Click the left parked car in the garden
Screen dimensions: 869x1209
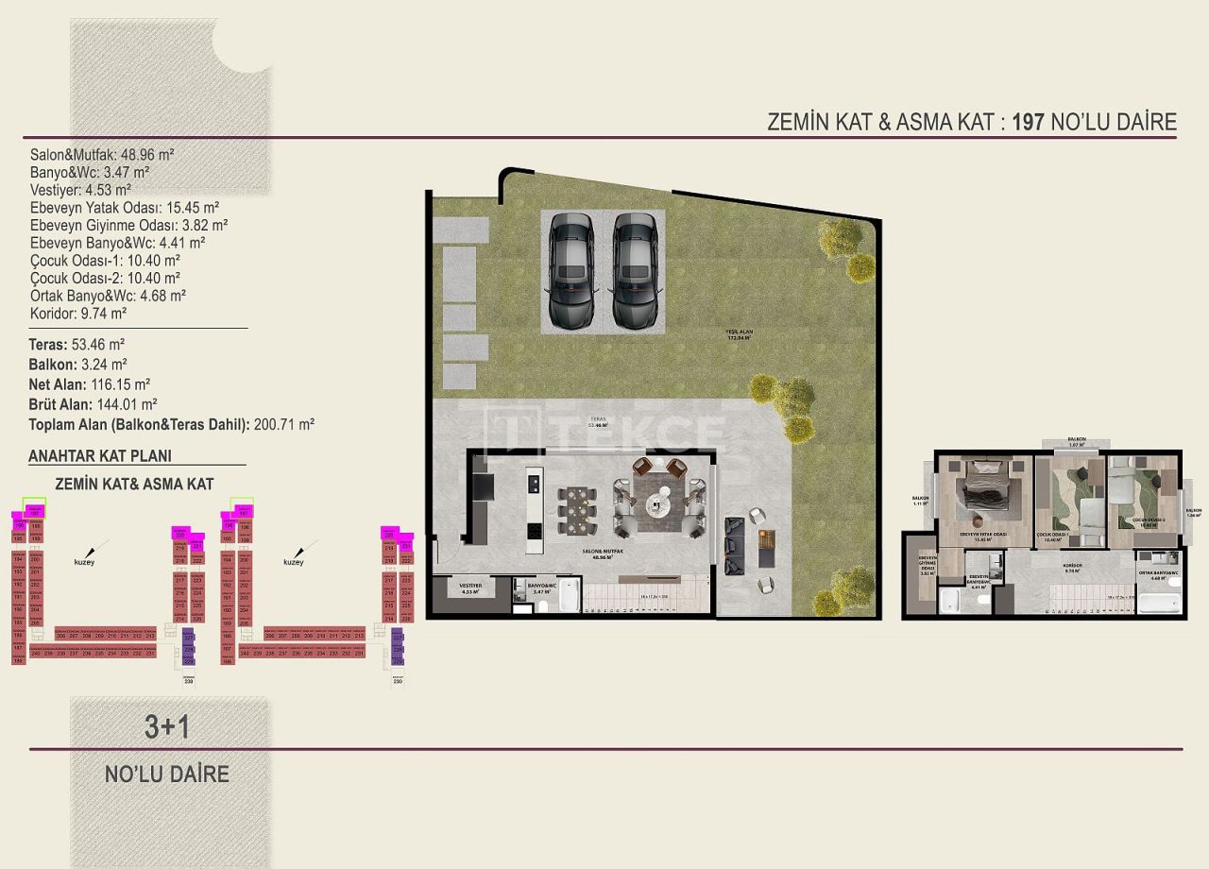(x=571, y=270)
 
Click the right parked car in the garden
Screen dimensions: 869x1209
(x=635, y=270)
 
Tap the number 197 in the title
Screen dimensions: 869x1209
(x=1028, y=122)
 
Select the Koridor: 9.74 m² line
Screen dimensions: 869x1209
(x=78, y=313)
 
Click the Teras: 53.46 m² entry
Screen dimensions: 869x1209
(x=77, y=345)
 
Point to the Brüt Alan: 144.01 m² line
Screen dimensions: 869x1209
(x=93, y=404)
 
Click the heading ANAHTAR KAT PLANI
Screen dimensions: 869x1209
(x=100, y=455)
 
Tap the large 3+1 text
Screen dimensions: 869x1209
(x=167, y=726)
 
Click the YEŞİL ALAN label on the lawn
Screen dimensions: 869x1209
(x=738, y=332)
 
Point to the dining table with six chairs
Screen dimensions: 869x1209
(x=575, y=511)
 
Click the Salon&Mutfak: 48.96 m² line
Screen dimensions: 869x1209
(x=102, y=155)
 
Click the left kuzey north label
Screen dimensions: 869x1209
(x=85, y=562)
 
